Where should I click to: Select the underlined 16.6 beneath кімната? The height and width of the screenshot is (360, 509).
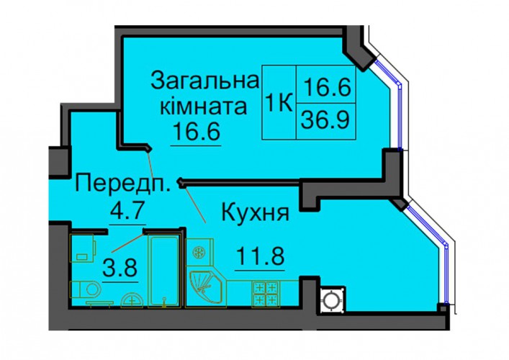[197, 131]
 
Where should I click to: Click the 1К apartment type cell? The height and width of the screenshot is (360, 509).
[279, 102]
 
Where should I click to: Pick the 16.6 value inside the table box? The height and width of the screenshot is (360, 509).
[326, 87]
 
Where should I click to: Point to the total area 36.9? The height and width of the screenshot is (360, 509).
[325, 120]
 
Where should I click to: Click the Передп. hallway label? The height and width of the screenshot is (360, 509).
[122, 184]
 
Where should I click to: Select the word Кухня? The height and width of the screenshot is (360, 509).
[255, 213]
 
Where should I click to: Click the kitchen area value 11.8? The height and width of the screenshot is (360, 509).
[261, 256]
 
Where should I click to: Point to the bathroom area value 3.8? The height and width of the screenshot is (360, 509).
[120, 267]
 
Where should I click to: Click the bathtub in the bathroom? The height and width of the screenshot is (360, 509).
[164, 271]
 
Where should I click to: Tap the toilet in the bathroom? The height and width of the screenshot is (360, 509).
[86, 289]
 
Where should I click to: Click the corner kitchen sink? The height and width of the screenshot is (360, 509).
[204, 287]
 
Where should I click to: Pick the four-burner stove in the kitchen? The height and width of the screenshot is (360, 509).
[266, 294]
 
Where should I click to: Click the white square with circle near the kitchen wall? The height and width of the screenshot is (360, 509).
[333, 300]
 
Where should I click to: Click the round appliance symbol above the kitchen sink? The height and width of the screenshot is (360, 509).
[198, 252]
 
